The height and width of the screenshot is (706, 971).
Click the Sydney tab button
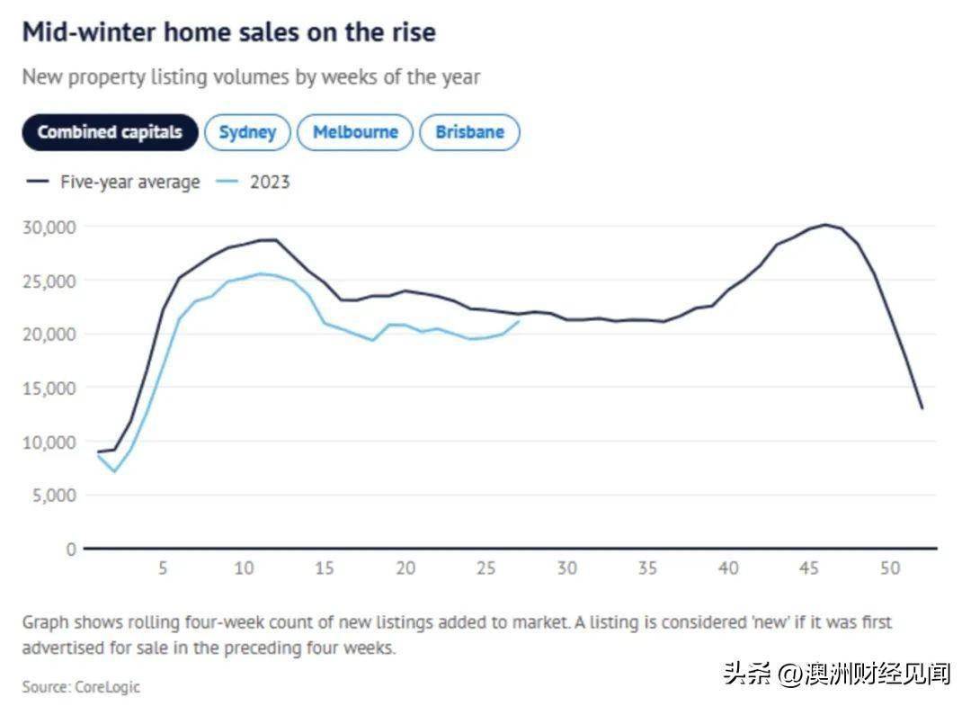click(247, 132)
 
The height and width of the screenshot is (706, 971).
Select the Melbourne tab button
click(355, 132)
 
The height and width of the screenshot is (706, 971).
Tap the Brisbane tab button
click(469, 132)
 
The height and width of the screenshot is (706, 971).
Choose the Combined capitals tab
click(110, 132)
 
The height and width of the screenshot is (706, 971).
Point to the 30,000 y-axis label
click(49, 227)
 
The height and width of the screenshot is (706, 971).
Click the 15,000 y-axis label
click(49, 388)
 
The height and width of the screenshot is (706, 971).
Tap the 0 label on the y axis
click(71, 549)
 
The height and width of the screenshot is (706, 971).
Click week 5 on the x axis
click(163, 568)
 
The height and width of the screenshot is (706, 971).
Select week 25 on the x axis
click(486, 568)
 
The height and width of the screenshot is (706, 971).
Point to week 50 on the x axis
click(890, 568)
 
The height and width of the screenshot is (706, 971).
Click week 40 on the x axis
click(728, 568)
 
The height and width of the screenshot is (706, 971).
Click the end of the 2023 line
click(519, 321)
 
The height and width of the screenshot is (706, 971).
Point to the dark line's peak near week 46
click(825, 225)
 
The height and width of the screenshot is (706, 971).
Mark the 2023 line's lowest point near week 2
click(114, 471)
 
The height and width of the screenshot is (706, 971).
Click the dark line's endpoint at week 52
click(922, 408)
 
